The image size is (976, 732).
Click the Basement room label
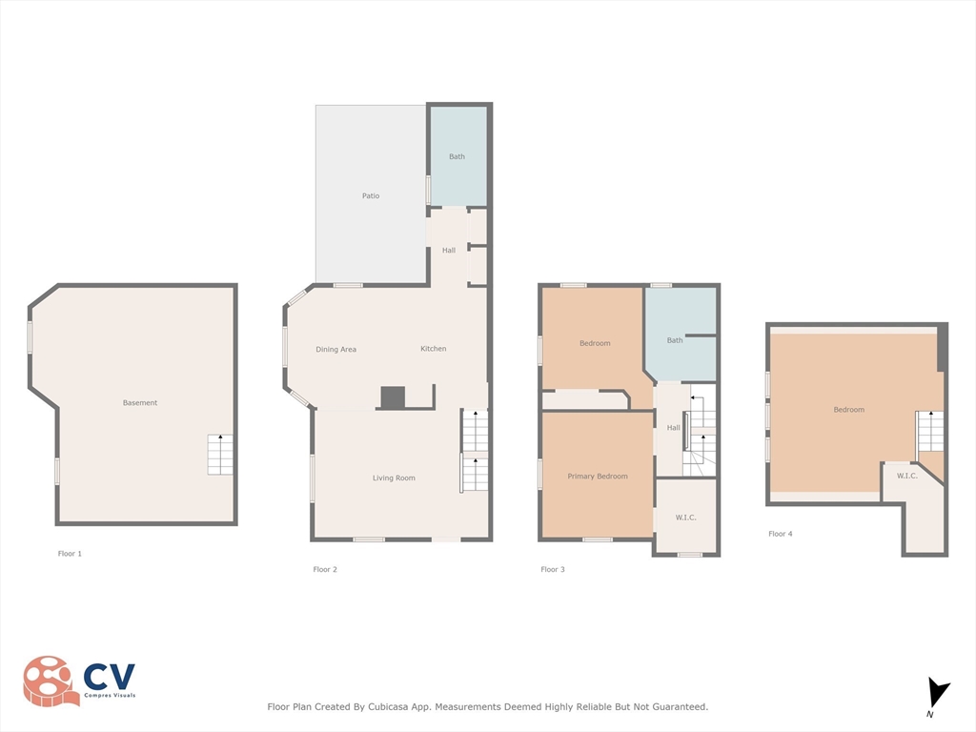pos(140,403)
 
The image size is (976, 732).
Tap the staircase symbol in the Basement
pos(220,455)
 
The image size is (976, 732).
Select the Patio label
pos(371,196)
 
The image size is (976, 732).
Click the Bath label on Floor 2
pos(457,156)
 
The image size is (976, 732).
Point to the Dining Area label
pos(335,350)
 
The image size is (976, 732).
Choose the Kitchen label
pos(434,349)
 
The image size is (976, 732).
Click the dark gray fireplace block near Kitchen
pos(393,396)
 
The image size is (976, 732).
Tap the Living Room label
pos(394,478)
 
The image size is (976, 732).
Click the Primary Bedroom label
pos(598,477)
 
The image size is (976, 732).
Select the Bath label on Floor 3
pos(675,340)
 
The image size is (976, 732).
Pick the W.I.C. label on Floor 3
pos(686,518)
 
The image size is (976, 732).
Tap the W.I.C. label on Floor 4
pos(907,476)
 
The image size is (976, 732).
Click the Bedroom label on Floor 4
pos(849,410)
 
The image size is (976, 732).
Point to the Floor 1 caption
pos(70,554)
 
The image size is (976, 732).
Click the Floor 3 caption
pos(553,570)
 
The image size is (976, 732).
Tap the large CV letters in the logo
pos(110,677)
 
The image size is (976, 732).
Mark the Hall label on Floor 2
pos(449,251)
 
